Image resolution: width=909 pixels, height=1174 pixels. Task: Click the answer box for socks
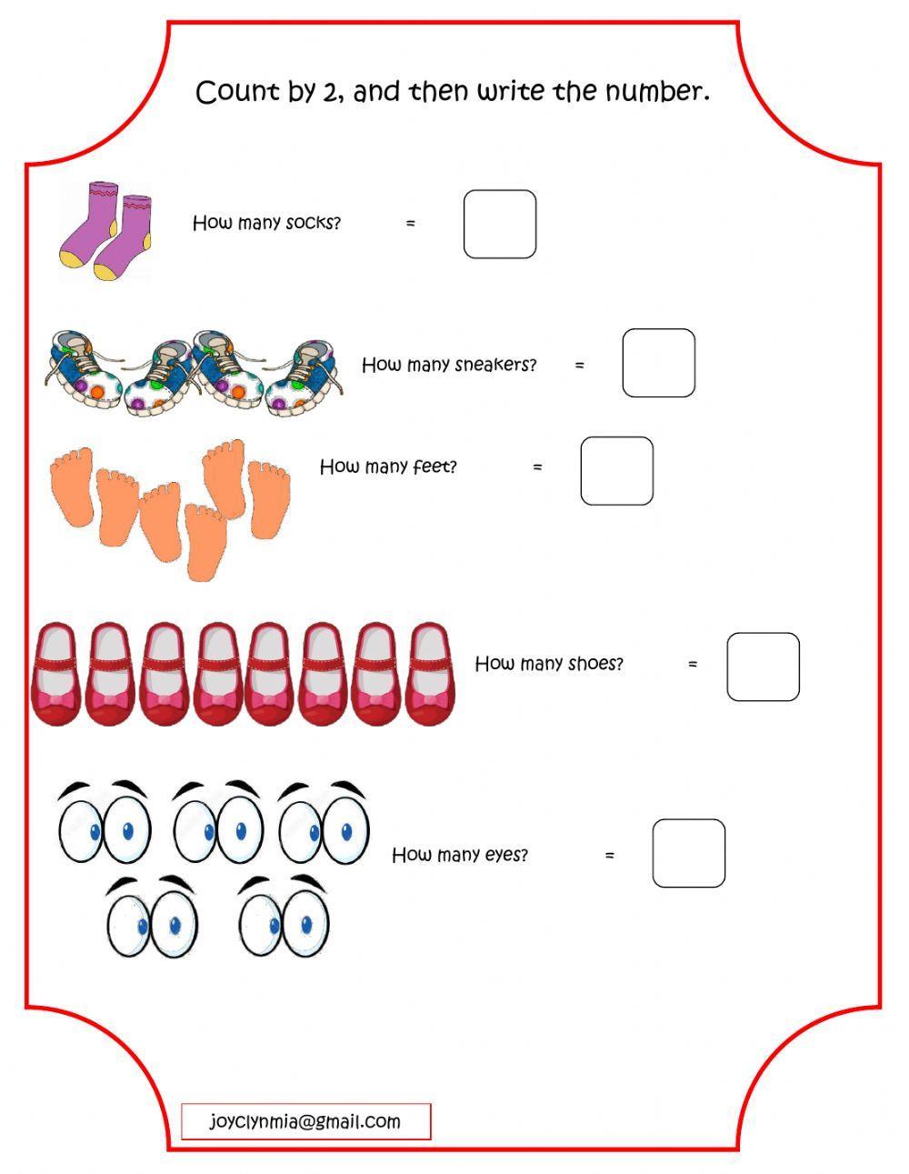coord(499,224)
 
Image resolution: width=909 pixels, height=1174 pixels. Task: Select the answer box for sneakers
coord(658,363)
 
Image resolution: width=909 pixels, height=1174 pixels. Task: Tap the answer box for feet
coord(616,470)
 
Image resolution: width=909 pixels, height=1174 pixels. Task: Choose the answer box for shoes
coord(763,667)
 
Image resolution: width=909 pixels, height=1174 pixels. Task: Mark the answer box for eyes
coord(688,853)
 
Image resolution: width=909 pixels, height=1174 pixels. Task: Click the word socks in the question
coord(313,223)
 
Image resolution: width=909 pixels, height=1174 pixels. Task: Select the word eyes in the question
coord(506,855)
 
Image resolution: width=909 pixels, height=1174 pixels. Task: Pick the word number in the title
coord(664,92)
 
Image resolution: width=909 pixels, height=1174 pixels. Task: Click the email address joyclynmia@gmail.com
coord(305,1121)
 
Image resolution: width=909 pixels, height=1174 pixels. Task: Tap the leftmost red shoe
coord(56,673)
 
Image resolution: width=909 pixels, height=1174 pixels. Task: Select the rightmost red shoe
coord(429,673)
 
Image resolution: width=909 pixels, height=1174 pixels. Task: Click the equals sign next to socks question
coord(411,223)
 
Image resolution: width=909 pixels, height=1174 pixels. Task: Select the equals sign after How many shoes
coord(693,665)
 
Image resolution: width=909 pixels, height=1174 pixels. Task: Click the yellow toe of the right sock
coord(108,270)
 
